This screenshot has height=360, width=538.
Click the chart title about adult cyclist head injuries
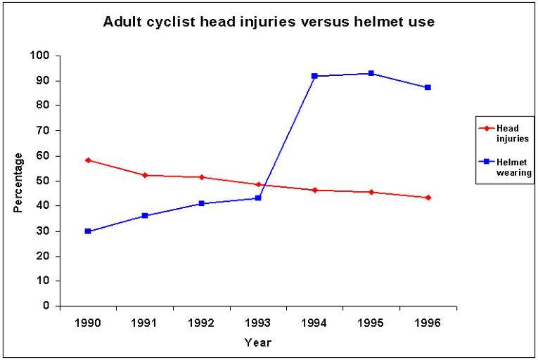(269, 22)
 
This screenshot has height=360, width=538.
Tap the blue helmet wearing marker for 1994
(314, 76)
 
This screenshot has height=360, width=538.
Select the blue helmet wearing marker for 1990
(88, 231)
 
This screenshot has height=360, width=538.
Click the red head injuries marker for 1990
(88, 160)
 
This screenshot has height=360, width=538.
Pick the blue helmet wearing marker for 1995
(371, 73)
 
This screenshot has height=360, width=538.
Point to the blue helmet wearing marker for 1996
(428, 88)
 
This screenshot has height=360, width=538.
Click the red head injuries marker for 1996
(428, 198)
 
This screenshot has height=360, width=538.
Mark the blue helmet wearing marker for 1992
(201, 203)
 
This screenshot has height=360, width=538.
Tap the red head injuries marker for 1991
(145, 175)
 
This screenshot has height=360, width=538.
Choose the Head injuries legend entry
(505, 133)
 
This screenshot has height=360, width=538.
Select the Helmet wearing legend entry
(505, 167)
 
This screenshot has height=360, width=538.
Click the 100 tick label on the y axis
(41, 56)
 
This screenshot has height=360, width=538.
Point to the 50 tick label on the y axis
(44, 181)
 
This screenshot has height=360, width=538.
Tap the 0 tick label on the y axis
(47, 306)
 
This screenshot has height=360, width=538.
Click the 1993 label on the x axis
(257, 325)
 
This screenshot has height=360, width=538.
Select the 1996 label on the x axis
(428, 325)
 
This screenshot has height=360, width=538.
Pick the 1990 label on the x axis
(88, 325)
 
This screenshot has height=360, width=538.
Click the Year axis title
(257, 343)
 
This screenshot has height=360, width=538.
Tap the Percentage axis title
(18, 181)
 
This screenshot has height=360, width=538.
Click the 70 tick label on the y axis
(44, 131)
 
